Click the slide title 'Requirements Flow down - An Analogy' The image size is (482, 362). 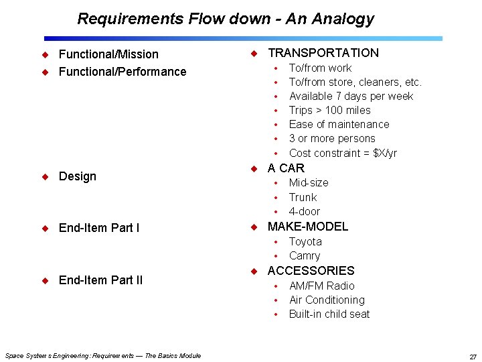pyautogui.click(x=226, y=19)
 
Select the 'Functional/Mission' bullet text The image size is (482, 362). pyautogui.click(x=108, y=54)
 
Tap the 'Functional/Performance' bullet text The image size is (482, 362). pyautogui.click(x=123, y=72)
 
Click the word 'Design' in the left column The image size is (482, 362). pyautogui.click(x=78, y=176)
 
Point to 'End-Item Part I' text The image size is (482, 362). pyautogui.click(x=99, y=228)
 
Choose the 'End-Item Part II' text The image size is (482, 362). pyautogui.click(x=100, y=280)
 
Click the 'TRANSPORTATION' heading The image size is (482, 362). pyautogui.click(x=323, y=53)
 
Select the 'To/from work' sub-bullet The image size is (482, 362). pyautogui.click(x=320, y=68)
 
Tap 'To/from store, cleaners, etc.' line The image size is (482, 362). pyautogui.click(x=355, y=82)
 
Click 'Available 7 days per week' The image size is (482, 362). pyautogui.click(x=351, y=96)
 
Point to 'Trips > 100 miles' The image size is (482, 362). pyautogui.click(x=329, y=110)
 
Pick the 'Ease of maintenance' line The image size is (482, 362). pyautogui.click(x=339, y=124)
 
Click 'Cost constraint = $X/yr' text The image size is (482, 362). pyautogui.click(x=343, y=153)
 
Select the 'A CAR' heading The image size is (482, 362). pyautogui.click(x=286, y=168)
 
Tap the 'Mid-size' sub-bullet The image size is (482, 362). pyautogui.click(x=308, y=182)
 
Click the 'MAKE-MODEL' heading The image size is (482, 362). pyautogui.click(x=308, y=227)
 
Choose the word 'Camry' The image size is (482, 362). pyautogui.click(x=305, y=255)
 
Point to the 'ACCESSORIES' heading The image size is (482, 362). pyautogui.click(x=311, y=271)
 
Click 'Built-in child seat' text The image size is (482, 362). pyautogui.click(x=329, y=314)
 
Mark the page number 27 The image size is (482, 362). pyautogui.click(x=473, y=357)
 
